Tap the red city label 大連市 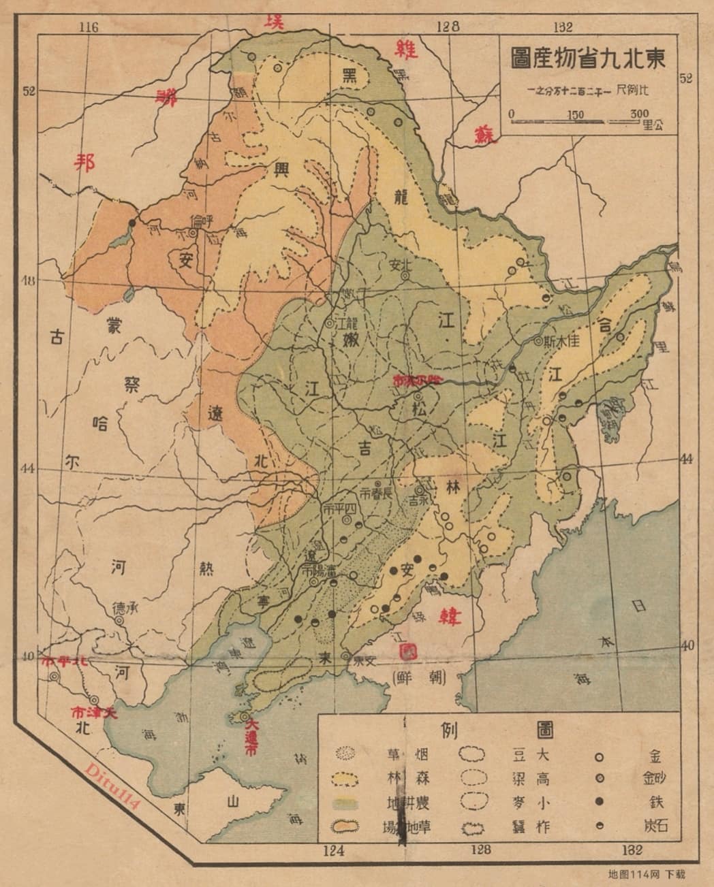pyautogui.click(x=251, y=739)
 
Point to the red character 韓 pyautogui.click(x=450, y=617)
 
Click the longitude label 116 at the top pyautogui.click(x=89, y=27)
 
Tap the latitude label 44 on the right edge pyautogui.click(x=685, y=458)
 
